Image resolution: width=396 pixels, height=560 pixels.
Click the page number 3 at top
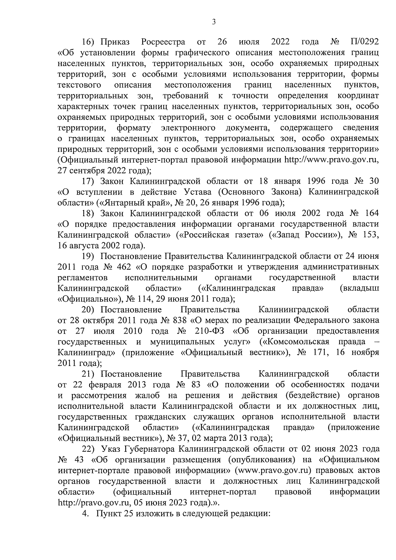(x=214, y=22)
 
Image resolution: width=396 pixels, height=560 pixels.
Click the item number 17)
(x=88, y=181)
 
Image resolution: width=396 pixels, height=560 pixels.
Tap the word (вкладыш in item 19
(x=359, y=288)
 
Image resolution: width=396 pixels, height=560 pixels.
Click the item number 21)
(x=88, y=374)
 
